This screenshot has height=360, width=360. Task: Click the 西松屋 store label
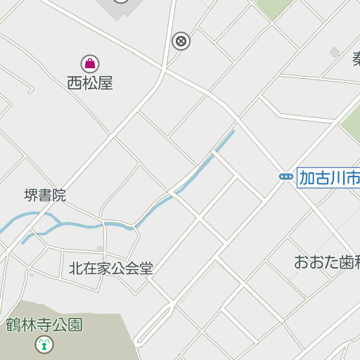pyautogui.click(x=90, y=83)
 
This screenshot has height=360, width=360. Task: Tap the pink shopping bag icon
pyautogui.click(x=90, y=64)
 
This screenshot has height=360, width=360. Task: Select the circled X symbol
pyautogui.click(x=181, y=41)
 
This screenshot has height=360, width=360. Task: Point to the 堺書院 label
pyautogui.click(x=45, y=195)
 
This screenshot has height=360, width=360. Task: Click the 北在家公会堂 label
pyautogui.click(x=110, y=269)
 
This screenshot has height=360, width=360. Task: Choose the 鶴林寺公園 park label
pyautogui.click(x=44, y=325)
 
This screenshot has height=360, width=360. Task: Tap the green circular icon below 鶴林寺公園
pyautogui.click(x=44, y=344)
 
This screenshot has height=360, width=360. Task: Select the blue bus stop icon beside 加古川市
pyautogui.click(x=285, y=176)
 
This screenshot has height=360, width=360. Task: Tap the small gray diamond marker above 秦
pyautogui.click(x=335, y=52)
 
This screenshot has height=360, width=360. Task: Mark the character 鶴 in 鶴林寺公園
pyautogui.click(x=13, y=325)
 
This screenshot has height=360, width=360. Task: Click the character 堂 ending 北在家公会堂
pyautogui.click(x=146, y=269)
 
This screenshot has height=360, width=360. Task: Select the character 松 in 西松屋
pyautogui.click(x=90, y=83)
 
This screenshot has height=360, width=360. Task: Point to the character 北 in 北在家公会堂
pyautogui.click(x=75, y=269)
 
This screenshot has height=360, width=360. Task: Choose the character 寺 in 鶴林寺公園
pyautogui.click(x=44, y=325)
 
